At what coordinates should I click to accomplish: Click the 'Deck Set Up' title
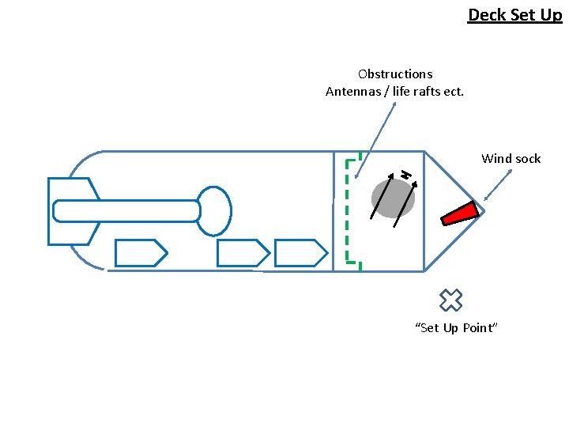(x=514, y=14)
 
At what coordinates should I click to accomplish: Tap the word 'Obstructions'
(x=395, y=74)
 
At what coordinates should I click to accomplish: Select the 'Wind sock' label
(x=511, y=159)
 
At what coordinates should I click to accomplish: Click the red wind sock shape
(x=460, y=213)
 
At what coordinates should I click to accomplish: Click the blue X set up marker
(x=450, y=300)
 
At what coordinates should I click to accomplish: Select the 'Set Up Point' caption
(x=457, y=328)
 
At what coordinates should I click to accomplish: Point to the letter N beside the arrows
(x=405, y=173)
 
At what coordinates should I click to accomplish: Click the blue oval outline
(x=213, y=210)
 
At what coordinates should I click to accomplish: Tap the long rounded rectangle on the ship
(x=126, y=210)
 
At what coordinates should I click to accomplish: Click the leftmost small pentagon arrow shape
(x=141, y=252)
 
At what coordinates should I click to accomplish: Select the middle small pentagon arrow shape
(x=243, y=252)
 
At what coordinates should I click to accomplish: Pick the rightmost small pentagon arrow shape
(x=300, y=252)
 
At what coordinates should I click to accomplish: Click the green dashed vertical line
(x=348, y=210)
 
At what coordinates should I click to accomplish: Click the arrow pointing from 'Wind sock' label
(x=497, y=185)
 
